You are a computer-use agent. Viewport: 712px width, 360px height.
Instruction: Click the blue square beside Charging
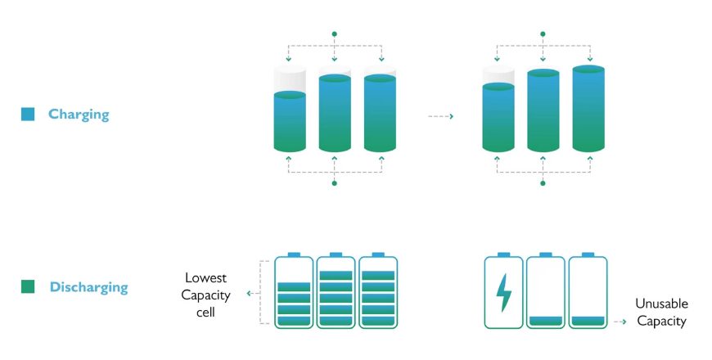point(28,115)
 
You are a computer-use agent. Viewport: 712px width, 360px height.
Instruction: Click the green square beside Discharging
point(28,287)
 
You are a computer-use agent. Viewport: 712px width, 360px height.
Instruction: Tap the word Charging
point(78,115)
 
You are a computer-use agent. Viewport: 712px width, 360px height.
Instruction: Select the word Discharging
point(88,287)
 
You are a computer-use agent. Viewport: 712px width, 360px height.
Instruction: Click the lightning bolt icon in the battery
point(503,291)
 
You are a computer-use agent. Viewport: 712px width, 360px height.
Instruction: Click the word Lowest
point(205,277)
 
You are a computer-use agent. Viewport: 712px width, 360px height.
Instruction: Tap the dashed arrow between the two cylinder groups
point(441,116)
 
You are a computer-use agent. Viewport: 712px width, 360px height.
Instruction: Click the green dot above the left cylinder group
point(334,34)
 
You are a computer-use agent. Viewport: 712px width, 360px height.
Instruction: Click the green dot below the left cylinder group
point(334,183)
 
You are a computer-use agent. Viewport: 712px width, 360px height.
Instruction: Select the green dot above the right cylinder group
point(543,34)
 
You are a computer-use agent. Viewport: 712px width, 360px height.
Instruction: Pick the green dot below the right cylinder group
point(543,183)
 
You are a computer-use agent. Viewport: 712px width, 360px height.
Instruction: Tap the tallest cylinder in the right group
point(588,108)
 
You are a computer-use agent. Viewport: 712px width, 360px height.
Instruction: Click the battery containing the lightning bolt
point(503,292)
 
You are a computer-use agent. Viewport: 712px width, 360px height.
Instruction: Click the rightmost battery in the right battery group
point(588,292)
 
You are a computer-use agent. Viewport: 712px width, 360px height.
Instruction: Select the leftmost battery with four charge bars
point(294,292)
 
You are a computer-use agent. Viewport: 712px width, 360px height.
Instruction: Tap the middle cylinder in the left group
point(335,113)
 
